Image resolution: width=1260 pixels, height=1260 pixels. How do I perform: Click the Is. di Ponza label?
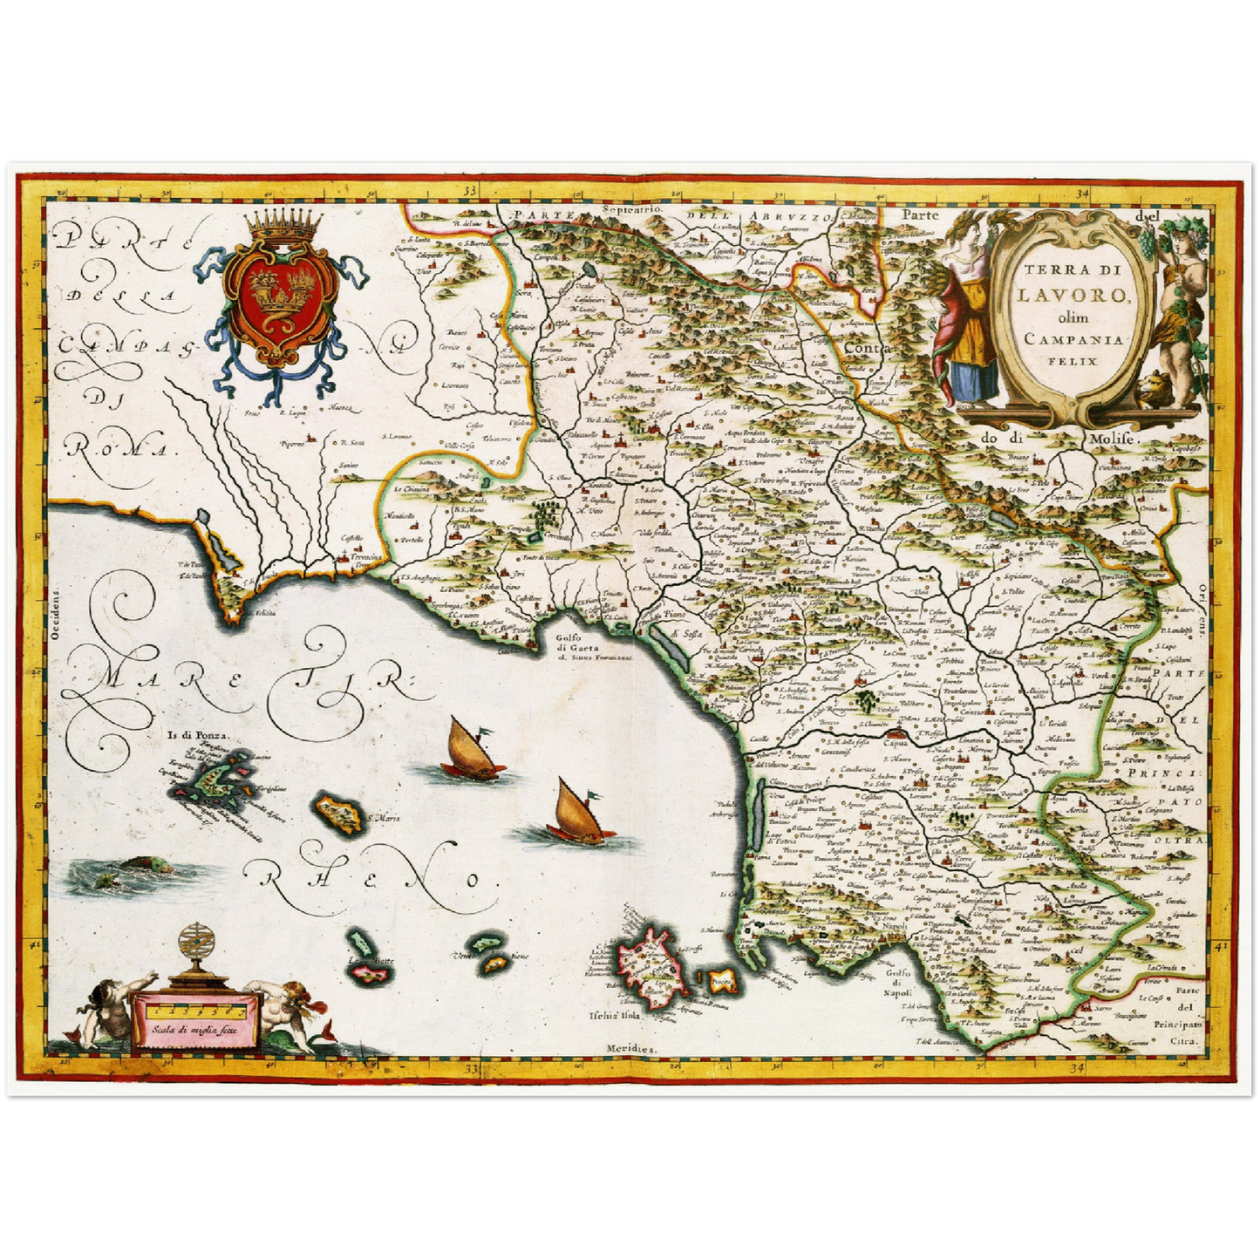pyautogui.click(x=192, y=733)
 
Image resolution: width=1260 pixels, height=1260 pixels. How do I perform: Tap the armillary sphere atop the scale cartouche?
pyautogui.click(x=197, y=945)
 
